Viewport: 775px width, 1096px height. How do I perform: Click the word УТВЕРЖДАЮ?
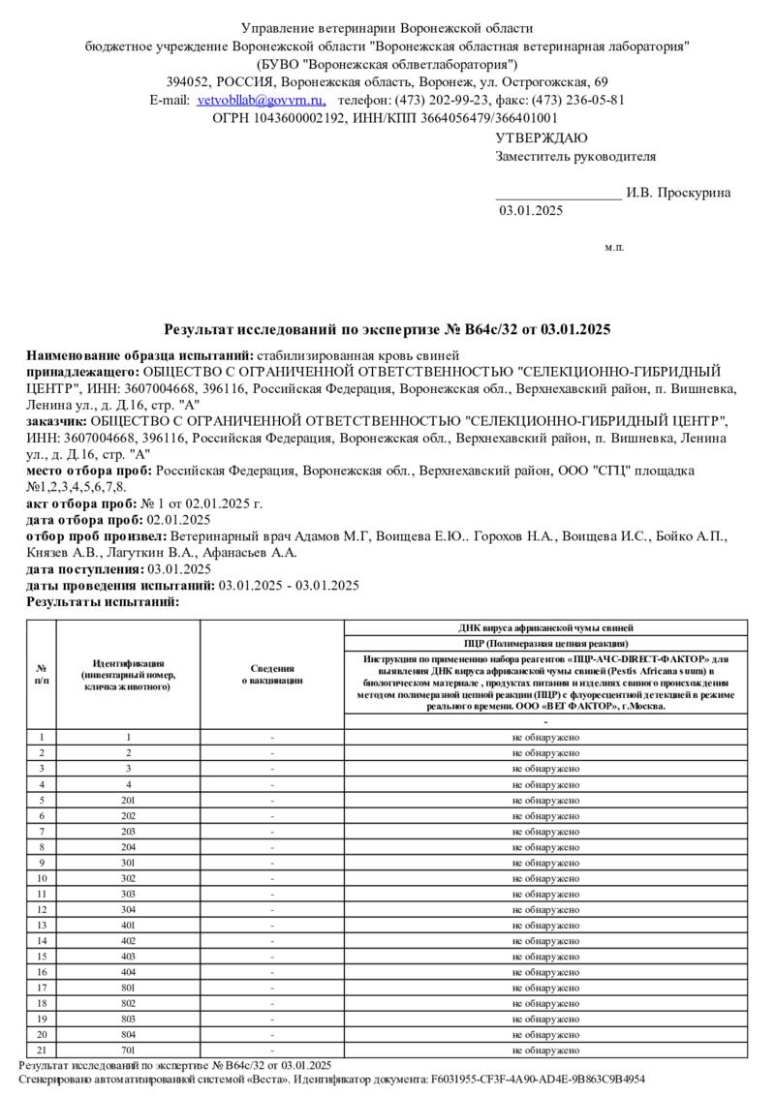[542, 138]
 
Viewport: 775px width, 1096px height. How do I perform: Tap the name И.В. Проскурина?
[678, 193]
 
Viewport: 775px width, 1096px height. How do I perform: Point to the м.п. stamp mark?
[614, 248]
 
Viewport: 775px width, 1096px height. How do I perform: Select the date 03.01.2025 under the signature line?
[530, 210]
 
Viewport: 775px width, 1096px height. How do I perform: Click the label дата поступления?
[84, 569]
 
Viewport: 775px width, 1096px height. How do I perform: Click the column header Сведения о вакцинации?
[272, 674]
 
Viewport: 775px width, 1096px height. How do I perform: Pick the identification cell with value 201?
[128, 800]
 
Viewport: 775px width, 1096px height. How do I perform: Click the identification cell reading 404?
[128, 971]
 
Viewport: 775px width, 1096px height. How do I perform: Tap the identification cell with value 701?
[128, 1050]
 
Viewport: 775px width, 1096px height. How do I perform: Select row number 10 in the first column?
[42, 878]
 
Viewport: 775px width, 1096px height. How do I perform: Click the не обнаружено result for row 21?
[545, 1050]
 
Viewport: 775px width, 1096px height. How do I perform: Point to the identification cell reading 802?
[128, 1003]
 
